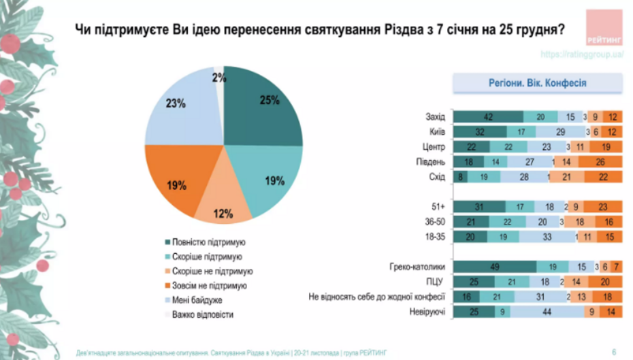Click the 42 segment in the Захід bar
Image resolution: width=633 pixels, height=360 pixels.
(x=487, y=117)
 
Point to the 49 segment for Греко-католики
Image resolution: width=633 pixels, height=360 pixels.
(x=494, y=266)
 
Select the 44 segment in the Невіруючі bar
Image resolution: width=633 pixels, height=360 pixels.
(x=547, y=312)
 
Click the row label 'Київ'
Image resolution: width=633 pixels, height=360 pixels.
(x=435, y=132)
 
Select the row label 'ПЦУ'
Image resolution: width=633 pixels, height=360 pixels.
(x=435, y=282)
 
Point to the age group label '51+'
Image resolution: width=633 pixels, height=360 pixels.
(x=437, y=207)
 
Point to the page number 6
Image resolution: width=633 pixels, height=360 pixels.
(x=614, y=352)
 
